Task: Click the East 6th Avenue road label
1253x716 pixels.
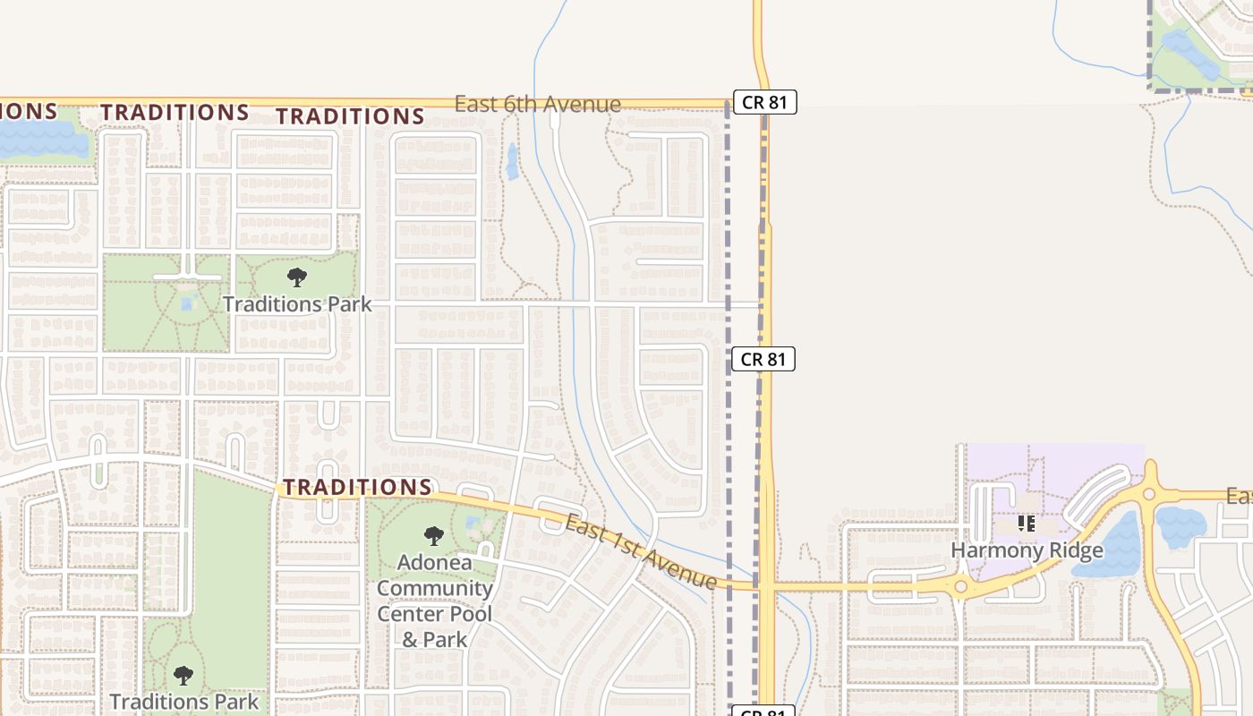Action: tap(537, 104)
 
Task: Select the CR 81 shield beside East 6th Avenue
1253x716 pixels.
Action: tap(764, 102)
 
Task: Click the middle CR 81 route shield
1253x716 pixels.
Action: tap(763, 359)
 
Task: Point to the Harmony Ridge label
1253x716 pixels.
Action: tap(1027, 550)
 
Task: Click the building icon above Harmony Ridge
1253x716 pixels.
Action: tap(1027, 523)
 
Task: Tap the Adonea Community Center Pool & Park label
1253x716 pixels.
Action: tap(435, 601)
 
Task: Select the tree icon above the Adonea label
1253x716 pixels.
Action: tap(434, 536)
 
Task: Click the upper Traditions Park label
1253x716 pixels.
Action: tap(297, 304)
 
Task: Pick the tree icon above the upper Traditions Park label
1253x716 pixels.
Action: tap(297, 277)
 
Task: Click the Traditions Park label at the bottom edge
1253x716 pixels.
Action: tap(184, 701)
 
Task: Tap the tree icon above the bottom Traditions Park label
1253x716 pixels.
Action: tap(183, 675)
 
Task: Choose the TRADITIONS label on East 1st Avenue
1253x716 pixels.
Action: tap(358, 488)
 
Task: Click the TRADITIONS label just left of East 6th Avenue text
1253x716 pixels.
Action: tap(350, 116)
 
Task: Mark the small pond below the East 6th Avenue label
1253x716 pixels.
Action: tap(513, 161)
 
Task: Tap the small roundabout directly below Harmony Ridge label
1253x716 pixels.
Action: tap(960, 587)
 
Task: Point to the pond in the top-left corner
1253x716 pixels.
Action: tap(40, 139)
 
